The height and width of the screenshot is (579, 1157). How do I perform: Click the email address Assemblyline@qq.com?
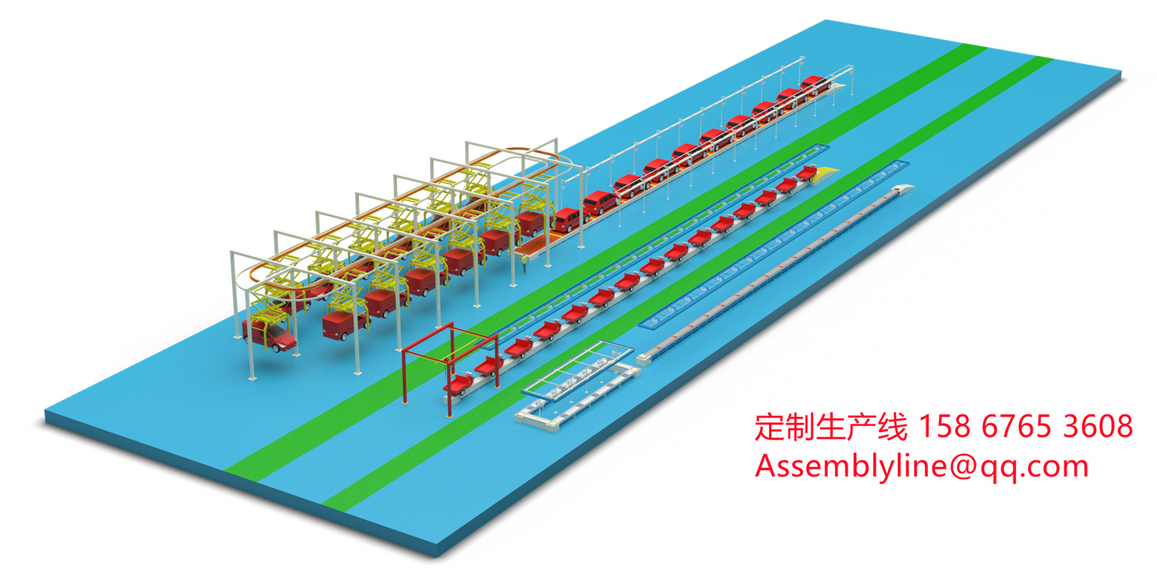click(921, 466)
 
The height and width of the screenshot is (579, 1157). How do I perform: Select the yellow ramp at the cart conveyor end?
click(826, 170)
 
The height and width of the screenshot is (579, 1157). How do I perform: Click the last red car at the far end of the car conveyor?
click(813, 83)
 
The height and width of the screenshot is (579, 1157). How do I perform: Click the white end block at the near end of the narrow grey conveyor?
click(646, 357)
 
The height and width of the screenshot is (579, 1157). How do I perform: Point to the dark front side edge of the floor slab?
click(231, 494)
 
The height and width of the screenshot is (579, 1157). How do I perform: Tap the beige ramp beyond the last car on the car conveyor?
click(845, 73)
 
